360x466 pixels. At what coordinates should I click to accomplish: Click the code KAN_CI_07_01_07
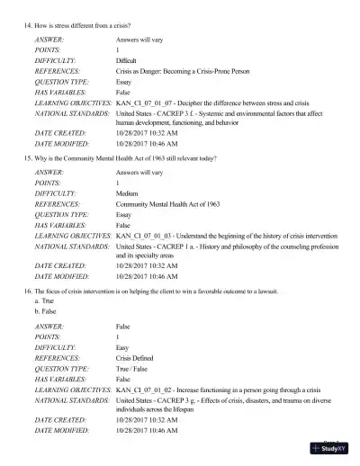coord(146,104)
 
